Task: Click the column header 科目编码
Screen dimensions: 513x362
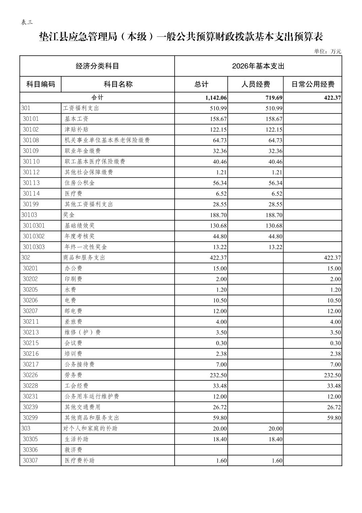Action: click(x=40, y=84)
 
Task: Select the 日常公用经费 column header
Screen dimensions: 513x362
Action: click(x=312, y=84)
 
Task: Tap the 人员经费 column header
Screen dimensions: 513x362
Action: click(x=255, y=84)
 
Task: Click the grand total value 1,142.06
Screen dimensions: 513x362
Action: click(x=216, y=98)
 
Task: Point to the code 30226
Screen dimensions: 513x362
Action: click(x=31, y=375)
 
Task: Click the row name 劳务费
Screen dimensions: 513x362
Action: click(x=73, y=375)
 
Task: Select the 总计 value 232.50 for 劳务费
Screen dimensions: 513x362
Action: click(x=218, y=375)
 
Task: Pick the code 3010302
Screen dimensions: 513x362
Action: click(x=34, y=236)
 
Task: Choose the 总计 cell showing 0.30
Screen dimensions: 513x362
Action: click(x=221, y=343)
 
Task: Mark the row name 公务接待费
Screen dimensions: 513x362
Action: click(x=80, y=364)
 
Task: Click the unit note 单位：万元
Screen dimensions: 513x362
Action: click(x=328, y=51)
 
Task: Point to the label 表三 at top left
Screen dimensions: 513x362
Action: click(x=27, y=22)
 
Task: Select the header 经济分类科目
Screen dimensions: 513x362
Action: click(x=97, y=66)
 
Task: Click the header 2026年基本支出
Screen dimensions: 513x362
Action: click(x=258, y=66)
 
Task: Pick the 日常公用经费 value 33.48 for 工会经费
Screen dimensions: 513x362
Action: click(x=334, y=386)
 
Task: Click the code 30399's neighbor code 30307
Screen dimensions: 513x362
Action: click(x=30, y=460)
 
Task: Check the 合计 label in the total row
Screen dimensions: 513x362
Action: click(x=97, y=98)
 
